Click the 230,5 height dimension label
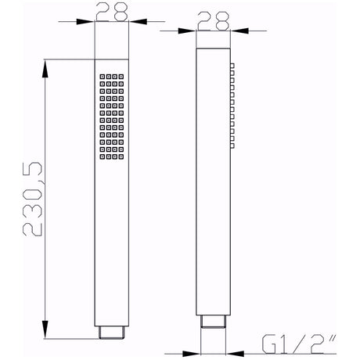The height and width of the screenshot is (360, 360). [x=33, y=199]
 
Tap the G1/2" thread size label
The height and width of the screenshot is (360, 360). [x=298, y=344]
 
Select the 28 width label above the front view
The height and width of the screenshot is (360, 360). [x=112, y=12]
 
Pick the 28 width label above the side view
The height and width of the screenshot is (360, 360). [x=214, y=21]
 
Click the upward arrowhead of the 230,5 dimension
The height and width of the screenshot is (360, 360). [x=45, y=68]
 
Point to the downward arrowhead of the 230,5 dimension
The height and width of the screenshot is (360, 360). [x=45, y=329]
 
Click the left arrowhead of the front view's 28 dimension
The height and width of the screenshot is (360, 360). [x=85, y=22]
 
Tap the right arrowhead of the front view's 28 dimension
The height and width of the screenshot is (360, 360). [x=139, y=22]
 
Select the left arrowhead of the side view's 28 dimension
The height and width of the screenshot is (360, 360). [x=187, y=31]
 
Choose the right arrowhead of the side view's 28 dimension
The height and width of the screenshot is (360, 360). [x=239, y=31]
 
